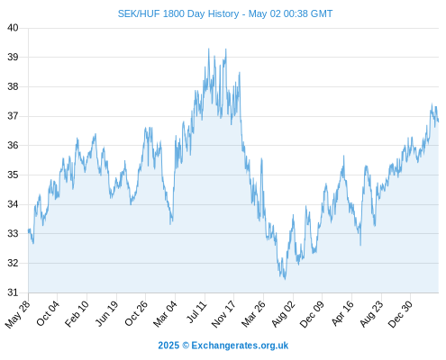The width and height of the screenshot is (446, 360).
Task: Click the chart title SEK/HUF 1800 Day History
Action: tap(178, 13)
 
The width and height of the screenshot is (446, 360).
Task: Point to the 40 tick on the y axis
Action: tap(13, 28)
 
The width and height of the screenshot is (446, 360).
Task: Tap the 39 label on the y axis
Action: tap(13, 57)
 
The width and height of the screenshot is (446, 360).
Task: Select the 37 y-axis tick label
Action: tap(13, 116)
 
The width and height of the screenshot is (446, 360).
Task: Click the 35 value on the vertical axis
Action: tap(13, 175)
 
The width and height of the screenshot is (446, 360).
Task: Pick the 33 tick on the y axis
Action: tap(13, 234)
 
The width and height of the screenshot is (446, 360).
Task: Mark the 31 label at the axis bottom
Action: tap(13, 292)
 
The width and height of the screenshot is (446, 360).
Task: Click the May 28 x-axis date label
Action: tap(18, 314)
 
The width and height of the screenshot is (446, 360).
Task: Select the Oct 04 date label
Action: tap(48, 313)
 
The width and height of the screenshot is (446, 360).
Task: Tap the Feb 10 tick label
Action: tap(77, 314)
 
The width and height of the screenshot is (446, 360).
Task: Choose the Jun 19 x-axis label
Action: tap(106, 313)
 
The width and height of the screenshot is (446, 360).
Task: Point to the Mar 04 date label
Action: tap(165, 314)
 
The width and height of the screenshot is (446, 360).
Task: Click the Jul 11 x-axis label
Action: tap(196, 312)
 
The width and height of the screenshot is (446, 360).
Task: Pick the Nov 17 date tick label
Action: tap(223, 314)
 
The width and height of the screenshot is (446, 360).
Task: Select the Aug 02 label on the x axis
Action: tap(283, 314)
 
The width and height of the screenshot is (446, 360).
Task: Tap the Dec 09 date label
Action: tap(312, 314)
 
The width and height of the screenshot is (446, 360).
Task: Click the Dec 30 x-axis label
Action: tap(400, 314)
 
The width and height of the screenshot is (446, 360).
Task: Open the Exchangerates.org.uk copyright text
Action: tap(223, 346)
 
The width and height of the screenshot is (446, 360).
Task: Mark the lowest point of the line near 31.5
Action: tap(285, 279)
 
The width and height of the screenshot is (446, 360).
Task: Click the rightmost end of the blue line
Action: tap(439, 121)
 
